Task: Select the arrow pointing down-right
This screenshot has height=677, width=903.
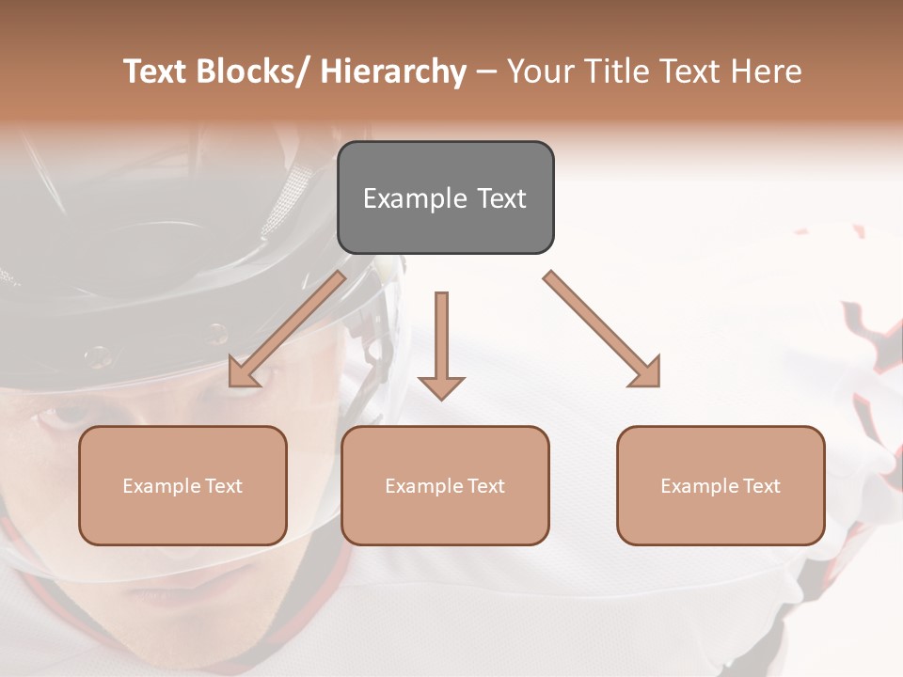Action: pos(602,329)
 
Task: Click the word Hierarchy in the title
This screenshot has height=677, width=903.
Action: pos(393,71)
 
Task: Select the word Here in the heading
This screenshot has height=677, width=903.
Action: pos(766,71)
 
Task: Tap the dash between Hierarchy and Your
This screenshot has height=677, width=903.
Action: pos(486,72)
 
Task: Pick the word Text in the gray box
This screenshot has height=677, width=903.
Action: pos(500,198)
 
